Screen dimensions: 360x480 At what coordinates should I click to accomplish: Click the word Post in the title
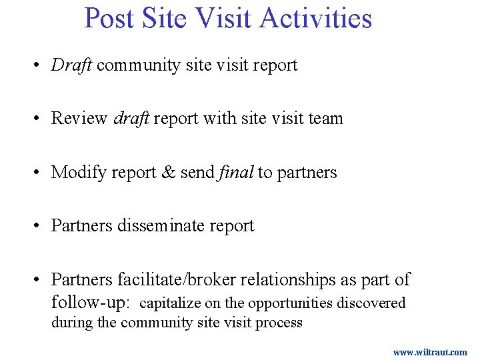click(x=110, y=18)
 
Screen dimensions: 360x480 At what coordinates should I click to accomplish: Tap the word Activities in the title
click(x=315, y=18)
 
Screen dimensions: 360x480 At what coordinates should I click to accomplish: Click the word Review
click(x=79, y=119)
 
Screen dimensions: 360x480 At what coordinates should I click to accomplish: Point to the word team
click(x=325, y=119)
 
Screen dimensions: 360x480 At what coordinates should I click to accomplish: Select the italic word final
click(x=236, y=173)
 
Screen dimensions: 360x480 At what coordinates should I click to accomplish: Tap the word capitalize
click(x=170, y=303)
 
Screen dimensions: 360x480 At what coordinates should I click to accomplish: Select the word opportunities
click(x=290, y=303)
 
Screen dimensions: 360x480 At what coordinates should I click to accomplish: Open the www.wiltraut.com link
click(x=429, y=352)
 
